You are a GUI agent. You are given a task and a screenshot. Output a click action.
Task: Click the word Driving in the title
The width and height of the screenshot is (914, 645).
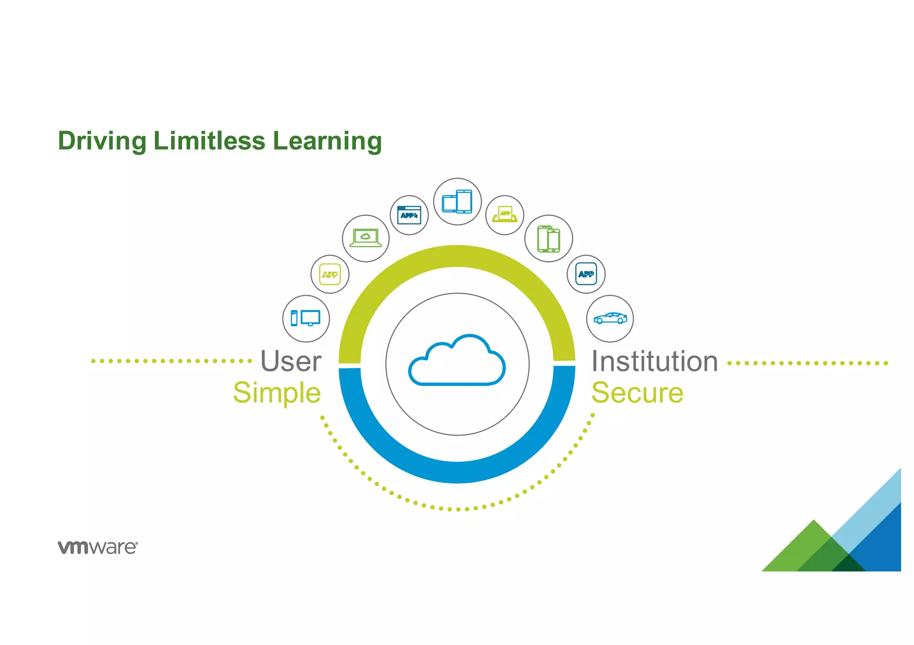pyautogui.click(x=102, y=141)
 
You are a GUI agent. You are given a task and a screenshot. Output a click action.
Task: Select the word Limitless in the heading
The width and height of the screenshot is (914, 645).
pyautogui.click(x=209, y=141)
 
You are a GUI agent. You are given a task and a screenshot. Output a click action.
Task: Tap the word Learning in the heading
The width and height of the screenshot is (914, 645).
pyautogui.click(x=327, y=141)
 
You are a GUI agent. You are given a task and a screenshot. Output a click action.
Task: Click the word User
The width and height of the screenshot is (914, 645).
pyautogui.click(x=291, y=361)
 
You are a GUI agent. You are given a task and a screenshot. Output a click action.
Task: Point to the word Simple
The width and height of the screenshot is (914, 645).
pyautogui.click(x=277, y=393)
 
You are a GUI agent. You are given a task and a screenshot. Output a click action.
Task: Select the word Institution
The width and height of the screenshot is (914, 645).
pyautogui.click(x=654, y=361)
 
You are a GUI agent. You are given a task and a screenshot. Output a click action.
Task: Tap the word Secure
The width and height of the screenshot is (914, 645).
pyautogui.click(x=637, y=393)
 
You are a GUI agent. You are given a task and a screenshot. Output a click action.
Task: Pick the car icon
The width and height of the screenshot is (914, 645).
pyautogui.click(x=610, y=318)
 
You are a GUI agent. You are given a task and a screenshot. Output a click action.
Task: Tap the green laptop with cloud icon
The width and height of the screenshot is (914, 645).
pyautogui.click(x=366, y=238)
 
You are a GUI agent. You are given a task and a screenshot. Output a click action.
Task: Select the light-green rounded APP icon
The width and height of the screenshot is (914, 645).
pyautogui.click(x=330, y=274)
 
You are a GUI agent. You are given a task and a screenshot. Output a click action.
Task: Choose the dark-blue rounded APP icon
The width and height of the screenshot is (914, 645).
pyautogui.click(x=586, y=274)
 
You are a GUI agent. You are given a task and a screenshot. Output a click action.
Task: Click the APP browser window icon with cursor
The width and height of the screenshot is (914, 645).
pyautogui.click(x=409, y=215)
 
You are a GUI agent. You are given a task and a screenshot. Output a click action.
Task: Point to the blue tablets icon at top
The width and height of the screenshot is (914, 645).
pyautogui.click(x=457, y=201)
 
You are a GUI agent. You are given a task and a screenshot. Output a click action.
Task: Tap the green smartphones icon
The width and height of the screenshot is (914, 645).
pyautogui.click(x=548, y=238)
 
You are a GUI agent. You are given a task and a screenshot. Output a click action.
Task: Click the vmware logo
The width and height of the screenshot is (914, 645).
pyautogui.click(x=98, y=547)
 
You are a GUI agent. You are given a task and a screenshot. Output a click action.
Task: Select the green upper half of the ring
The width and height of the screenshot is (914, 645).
pyautogui.click(x=457, y=256)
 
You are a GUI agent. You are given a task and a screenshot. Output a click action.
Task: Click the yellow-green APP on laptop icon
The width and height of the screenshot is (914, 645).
pyautogui.click(x=505, y=214)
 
